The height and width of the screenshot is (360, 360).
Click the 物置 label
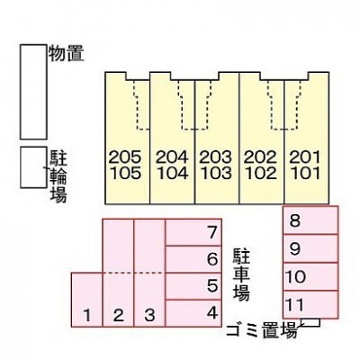coord(67,53)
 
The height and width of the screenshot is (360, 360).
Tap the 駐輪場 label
coord(58,176)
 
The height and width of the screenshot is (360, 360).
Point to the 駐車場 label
coord(241,275)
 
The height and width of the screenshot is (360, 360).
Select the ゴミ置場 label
coord(262,329)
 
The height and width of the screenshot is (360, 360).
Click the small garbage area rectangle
coord(310,322)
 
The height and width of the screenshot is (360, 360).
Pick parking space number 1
coord(87,300)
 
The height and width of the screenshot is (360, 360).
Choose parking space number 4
coord(193,313)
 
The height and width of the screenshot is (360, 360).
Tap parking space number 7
coord(193,232)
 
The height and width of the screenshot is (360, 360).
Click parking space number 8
coord(310,220)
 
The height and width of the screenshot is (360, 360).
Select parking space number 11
coord(310,304)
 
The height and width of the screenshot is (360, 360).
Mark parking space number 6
coord(193,259)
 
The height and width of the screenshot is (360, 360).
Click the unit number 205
coord(125,157)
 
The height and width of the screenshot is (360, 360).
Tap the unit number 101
coord(305,173)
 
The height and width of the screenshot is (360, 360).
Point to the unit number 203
coord(216,157)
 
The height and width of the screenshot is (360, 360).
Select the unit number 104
coord(173,173)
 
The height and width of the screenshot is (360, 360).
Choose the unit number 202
coord(260,157)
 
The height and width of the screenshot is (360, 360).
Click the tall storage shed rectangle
coord(33,92)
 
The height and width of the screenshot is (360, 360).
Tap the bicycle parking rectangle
coord(33,167)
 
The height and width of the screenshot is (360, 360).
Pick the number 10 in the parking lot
coord(295,276)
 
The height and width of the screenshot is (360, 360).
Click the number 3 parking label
coord(149,315)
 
